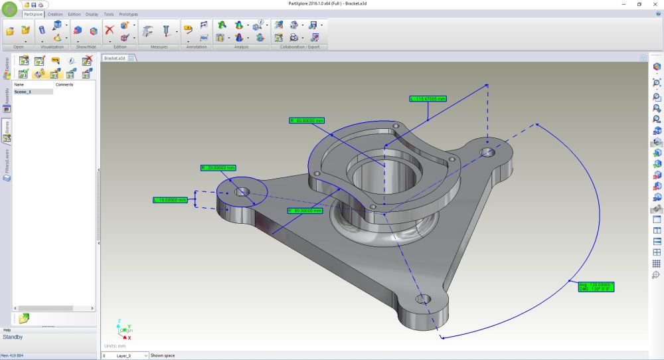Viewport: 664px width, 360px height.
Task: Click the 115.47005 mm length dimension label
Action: (428, 98)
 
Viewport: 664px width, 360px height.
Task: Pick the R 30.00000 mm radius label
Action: (218, 168)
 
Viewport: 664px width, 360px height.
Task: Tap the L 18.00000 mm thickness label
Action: (170, 199)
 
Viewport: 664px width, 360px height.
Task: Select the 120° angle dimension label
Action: (596, 286)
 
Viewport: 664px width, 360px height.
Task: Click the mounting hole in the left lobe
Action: (242, 191)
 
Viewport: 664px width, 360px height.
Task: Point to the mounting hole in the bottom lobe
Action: (422, 299)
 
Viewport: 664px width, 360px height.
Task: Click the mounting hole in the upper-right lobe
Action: (488, 152)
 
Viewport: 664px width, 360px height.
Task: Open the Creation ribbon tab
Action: (55, 14)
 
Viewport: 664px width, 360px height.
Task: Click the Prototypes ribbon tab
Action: (128, 14)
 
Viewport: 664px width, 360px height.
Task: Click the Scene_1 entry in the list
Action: (23, 92)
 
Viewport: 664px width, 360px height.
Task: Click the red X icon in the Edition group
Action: (110, 29)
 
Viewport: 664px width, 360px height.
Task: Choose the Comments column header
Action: (64, 85)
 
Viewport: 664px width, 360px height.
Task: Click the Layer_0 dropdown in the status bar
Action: (131, 355)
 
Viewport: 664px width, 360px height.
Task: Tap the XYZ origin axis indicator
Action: (124, 330)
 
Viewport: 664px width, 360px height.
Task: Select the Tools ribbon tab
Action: (109, 14)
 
